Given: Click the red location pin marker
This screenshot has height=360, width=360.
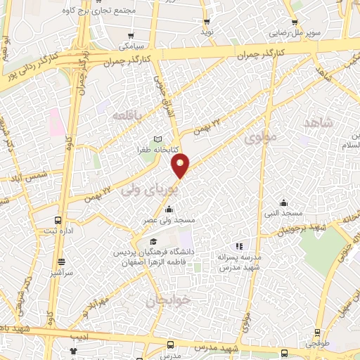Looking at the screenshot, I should pyautogui.click(x=181, y=166).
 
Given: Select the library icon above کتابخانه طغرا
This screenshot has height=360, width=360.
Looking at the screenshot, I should pyautogui.click(x=158, y=139).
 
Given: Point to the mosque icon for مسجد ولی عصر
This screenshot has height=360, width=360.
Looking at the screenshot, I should pyautogui.click(x=169, y=209).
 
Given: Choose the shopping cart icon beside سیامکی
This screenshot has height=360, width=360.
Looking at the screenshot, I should pyautogui.click(x=130, y=35).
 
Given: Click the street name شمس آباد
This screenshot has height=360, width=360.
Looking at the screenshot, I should pyautogui.click(x=21, y=173).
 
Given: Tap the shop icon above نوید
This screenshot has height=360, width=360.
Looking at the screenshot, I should pyautogui.click(x=207, y=21).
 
